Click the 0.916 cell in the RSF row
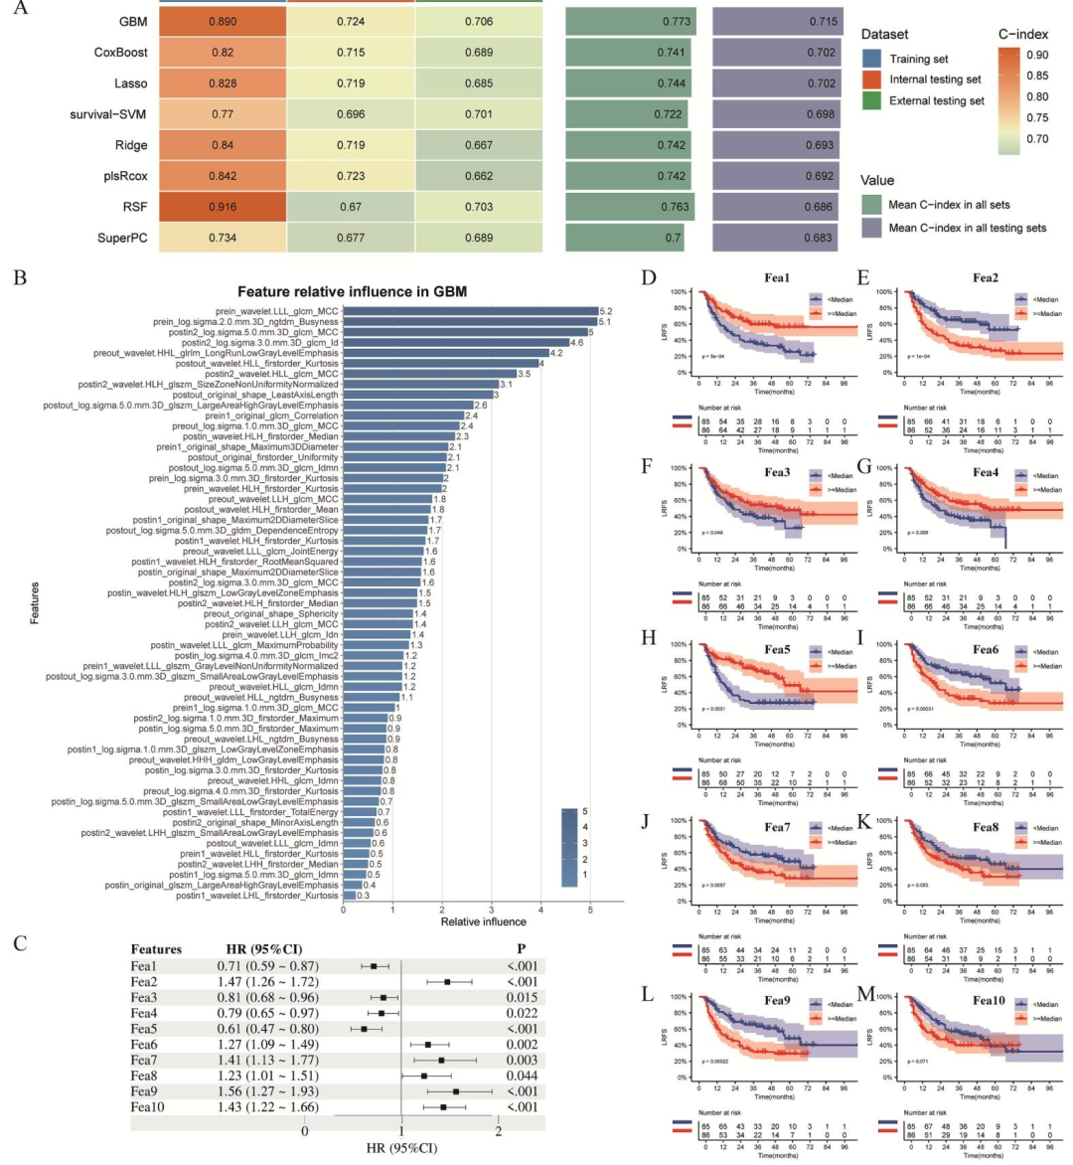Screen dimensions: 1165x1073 point(223,207)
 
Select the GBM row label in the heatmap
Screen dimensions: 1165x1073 point(132,22)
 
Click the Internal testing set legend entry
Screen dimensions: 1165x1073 point(934,80)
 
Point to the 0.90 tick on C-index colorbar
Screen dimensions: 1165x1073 point(1036,55)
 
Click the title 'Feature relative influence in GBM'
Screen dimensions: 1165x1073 point(352,291)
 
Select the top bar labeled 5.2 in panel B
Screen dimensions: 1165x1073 point(470,311)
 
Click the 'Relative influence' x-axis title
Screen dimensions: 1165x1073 point(484,921)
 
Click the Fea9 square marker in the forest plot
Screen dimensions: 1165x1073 point(456,1091)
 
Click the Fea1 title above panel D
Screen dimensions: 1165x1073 point(778,278)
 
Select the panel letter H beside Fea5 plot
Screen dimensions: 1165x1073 point(649,636)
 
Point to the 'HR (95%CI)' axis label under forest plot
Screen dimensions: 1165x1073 point(401,1148)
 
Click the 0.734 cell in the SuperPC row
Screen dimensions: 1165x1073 point(223,238)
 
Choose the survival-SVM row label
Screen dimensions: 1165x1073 point(108,114)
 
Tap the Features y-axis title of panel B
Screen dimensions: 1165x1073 point(35,602)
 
